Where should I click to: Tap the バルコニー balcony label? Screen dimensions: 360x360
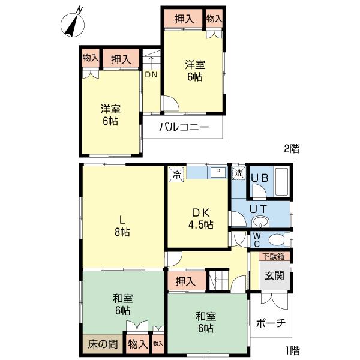pyautogui.click(x=184, y=127)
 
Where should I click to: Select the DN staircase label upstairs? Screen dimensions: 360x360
pyautogui.click(x=151, y=75)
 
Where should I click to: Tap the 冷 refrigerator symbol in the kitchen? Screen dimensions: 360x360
pyautogui.click(x=176, y=175)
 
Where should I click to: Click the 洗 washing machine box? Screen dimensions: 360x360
pyautogui.click(x=238, y=173)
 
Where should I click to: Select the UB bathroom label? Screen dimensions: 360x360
pyautogui.click(x=259, y=178)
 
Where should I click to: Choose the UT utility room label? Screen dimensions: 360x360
pyautogui.click(x=259, y=208)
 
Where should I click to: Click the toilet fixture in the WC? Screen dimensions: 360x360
pyautogui.click(x=277, y=240)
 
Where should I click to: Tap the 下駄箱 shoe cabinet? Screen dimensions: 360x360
pyautogui.click(x=274, y=256)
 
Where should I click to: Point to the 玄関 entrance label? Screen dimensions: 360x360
pyautogui.click(x=274, y=277)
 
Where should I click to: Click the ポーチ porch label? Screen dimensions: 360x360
pyautogui.click(x=270, y=323)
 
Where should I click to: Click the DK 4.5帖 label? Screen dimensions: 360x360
pyautogui.click(x=198, y=218)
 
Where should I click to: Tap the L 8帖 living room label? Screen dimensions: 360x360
pyautogui.click(x=122, y=225)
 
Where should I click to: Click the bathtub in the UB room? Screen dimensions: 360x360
pyautogui.click(x=281, y=179)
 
